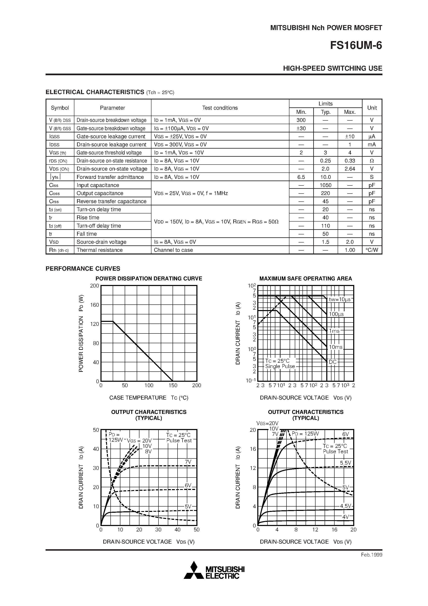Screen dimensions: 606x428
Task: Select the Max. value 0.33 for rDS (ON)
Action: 350,161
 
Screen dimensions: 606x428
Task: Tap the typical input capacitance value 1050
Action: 325,185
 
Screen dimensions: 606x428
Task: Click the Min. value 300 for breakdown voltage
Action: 301,120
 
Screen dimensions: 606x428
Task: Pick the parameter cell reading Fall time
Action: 87,234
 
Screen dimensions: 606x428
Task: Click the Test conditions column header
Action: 220,108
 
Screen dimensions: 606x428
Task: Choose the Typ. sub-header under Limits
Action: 325,112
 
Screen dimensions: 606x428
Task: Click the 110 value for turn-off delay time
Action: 325,226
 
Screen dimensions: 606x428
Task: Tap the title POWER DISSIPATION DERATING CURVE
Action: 149,279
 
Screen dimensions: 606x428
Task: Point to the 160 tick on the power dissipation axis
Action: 94,305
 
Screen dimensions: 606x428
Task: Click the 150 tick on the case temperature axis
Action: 173,385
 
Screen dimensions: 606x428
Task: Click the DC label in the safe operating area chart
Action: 332,362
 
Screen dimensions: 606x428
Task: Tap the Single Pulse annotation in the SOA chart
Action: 280,366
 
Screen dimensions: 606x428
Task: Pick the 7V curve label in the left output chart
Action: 188,462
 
